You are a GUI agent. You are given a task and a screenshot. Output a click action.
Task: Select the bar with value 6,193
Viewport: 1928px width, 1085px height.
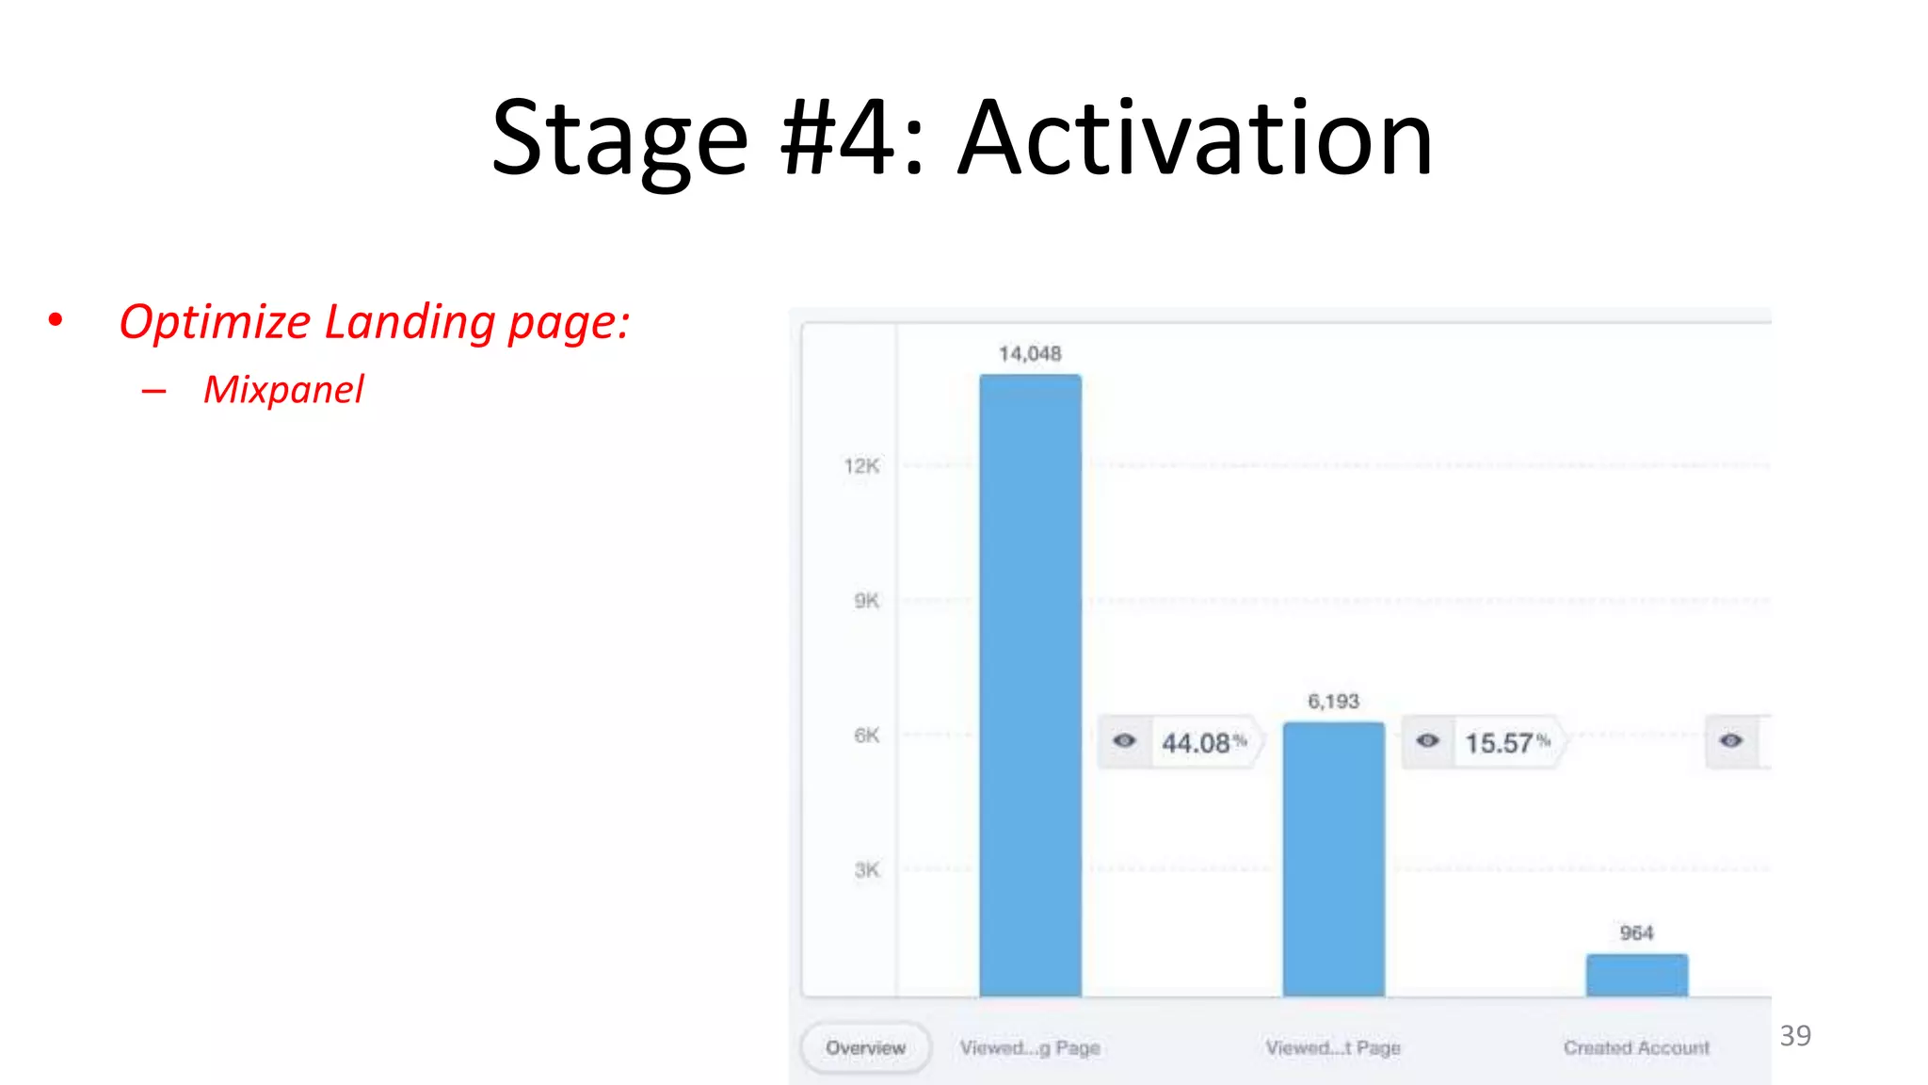(x=1333, y=858)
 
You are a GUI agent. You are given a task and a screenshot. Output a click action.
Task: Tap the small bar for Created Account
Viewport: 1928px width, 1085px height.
(x=1636, y=975)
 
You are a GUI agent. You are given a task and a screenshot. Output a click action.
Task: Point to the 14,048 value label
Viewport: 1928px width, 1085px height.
(x=1030, y=354)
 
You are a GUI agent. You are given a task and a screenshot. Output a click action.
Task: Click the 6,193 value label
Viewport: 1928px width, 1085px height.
(x=1333, y=702)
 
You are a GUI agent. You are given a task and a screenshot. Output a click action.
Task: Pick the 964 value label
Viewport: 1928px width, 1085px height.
(x=1636, y=933)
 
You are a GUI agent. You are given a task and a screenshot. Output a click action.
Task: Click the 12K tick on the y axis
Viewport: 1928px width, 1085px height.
(x=861, y=466)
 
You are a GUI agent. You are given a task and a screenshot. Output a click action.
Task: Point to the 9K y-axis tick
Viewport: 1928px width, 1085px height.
(x=866, y=601)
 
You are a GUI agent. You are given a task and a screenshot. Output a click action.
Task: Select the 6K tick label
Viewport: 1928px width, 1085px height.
(x=866, y=736)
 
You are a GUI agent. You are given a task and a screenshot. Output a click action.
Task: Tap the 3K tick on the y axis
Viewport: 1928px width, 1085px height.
(x=866, y=870)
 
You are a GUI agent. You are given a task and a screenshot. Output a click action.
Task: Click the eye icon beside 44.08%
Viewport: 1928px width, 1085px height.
(x=1124, y=741)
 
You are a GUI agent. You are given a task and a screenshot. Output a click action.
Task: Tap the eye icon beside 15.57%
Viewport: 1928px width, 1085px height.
(x=1427, y=741)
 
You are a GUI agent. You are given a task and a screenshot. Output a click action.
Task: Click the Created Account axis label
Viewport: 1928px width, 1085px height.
(x=1636, y=1048)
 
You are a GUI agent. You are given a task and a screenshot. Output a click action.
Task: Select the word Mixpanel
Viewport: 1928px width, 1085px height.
(x=283, y=390)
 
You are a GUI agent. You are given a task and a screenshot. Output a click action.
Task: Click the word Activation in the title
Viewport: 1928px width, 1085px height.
(x=1195, y=139)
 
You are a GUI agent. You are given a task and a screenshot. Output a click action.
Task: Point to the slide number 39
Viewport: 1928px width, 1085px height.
(x=1795, y=1036)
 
